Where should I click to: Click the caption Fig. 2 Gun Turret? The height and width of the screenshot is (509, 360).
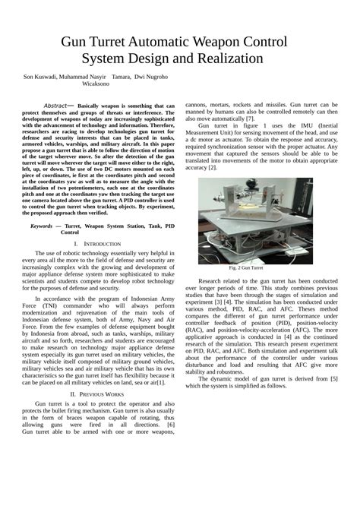(246, 268)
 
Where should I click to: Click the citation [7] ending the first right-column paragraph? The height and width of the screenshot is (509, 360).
(250, 119)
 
